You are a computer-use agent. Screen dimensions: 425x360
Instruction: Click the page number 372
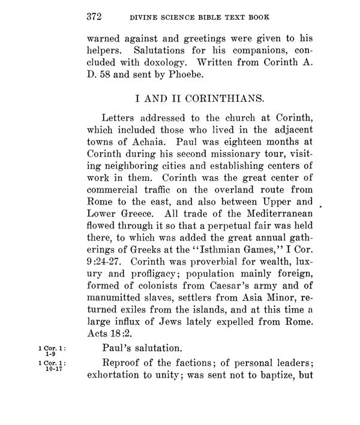[x=94, y=16]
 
